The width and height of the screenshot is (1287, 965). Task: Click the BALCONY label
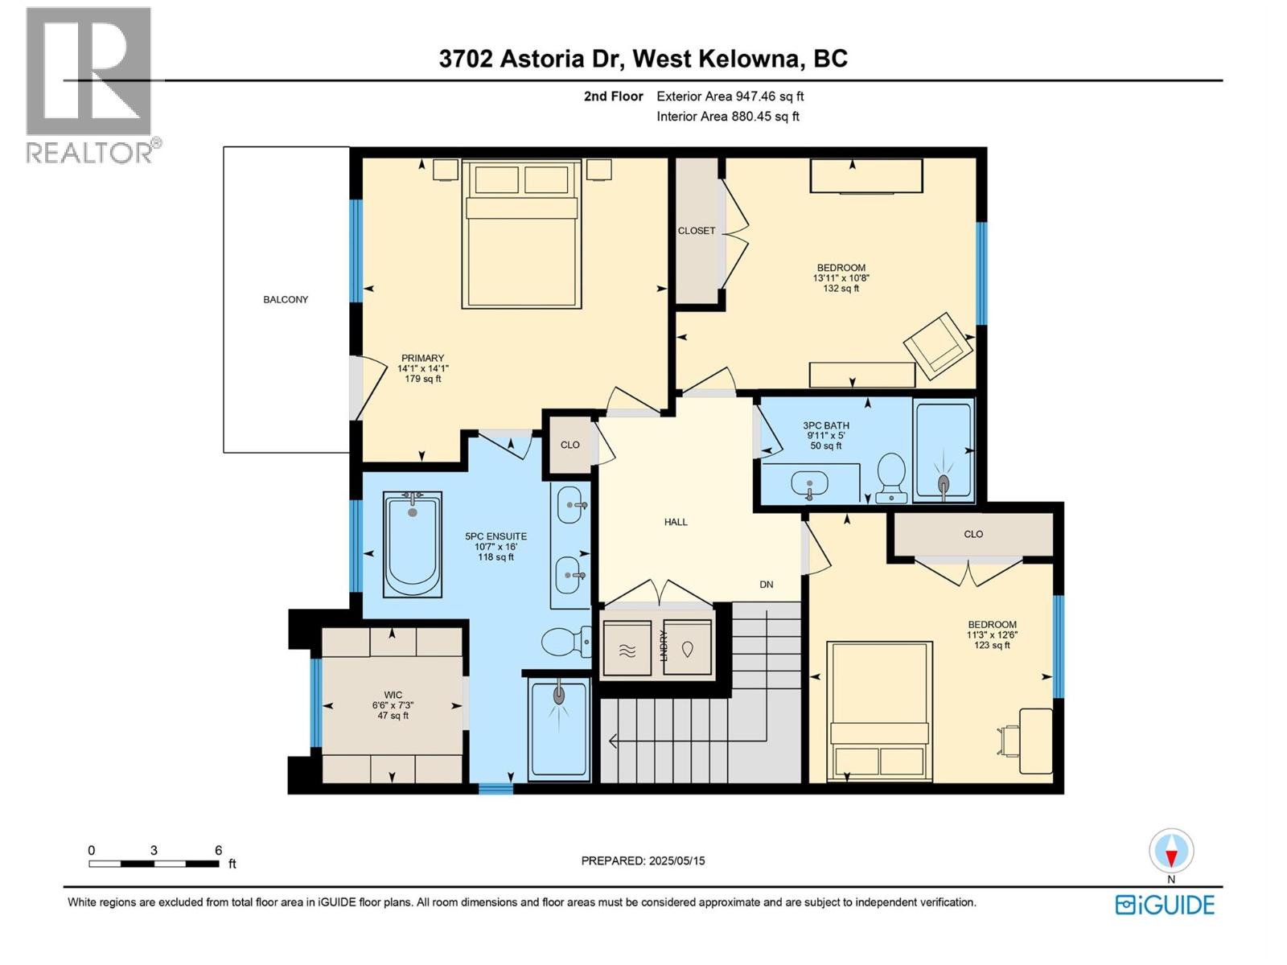click(x=286, y=299)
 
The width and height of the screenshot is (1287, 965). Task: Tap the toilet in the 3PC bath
click(x=891, y=475)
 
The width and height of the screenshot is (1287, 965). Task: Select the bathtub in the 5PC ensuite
click(x=413, y=544)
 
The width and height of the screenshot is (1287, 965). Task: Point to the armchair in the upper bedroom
click(x=938, y=345)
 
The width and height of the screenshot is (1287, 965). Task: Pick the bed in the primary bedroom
click(x=521, y=235)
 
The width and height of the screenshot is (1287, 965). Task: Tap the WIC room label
click(x=393, y=705)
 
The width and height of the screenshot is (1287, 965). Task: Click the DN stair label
click(x=766, y=585)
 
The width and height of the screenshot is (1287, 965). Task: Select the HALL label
click(x=676, y=522)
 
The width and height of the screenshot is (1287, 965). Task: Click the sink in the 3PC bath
click(x=809, y=485)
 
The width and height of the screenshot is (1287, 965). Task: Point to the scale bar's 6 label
click(x=218, y=850)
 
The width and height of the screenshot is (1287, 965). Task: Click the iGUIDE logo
click(x=1165, y=905)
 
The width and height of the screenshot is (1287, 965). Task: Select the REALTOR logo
click(x=90, y=84)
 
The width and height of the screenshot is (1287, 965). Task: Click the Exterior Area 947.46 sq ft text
click(x=730, y=96)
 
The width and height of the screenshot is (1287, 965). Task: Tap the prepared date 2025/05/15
click(x=643, y=860)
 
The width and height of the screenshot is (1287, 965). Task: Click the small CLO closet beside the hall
click(x=569, y=445)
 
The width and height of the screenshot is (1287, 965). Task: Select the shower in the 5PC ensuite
click(x=558, y=729)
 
